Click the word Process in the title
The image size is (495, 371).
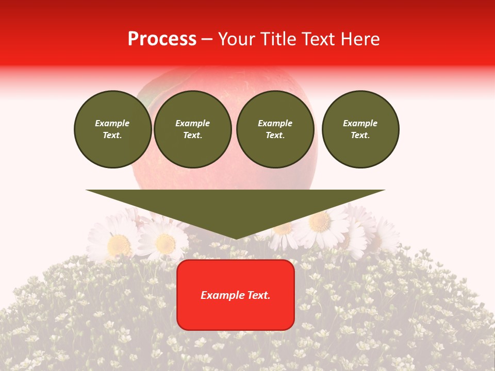tap(162, 39)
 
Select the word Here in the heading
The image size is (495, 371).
tap(360, 39)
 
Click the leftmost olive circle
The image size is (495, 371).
tap(112, 129)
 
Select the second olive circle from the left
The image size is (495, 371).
tap(192, 129)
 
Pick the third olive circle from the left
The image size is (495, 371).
tap(275, 129)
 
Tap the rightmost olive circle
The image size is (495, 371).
tap(360, 129)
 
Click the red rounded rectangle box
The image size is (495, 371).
tap(236, 314)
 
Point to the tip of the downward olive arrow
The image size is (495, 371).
tap(236, 239)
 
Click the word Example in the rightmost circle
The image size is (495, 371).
tap(360, 123)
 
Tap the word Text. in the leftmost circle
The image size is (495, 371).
tap(112, 136)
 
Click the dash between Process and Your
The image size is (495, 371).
tap(207, 39)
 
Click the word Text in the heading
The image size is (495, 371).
tap(319, 39)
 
